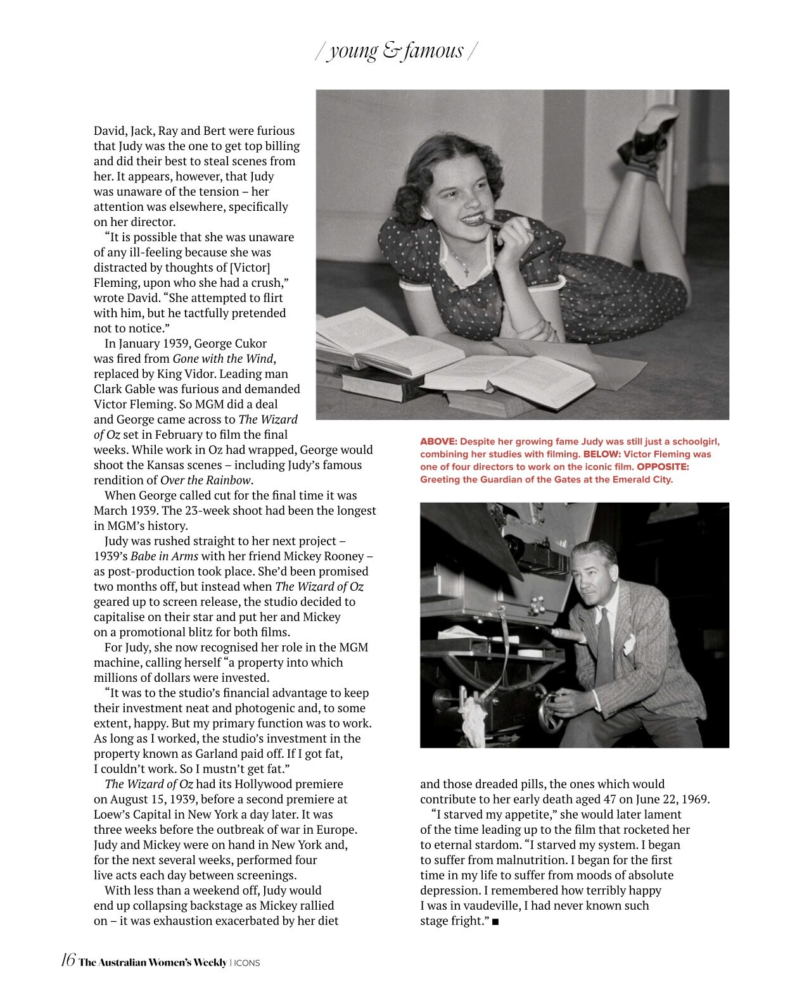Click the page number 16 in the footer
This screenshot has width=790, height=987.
click(68, 960)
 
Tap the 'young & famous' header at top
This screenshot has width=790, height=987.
click(396, 51)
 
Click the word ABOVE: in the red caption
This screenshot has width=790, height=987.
click(438, 442)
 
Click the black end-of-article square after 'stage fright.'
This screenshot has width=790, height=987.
click(495, 922)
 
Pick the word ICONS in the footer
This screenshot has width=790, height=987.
click(247, 963)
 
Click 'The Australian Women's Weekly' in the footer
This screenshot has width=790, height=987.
click(152, 962)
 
